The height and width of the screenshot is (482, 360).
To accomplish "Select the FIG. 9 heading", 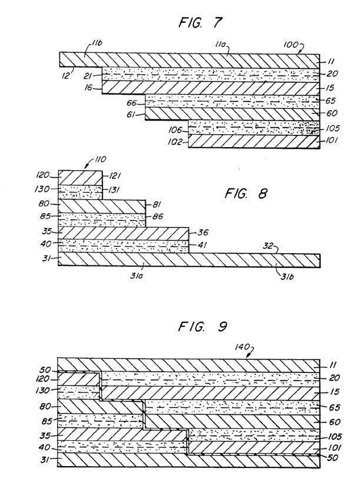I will tap(202, 326).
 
